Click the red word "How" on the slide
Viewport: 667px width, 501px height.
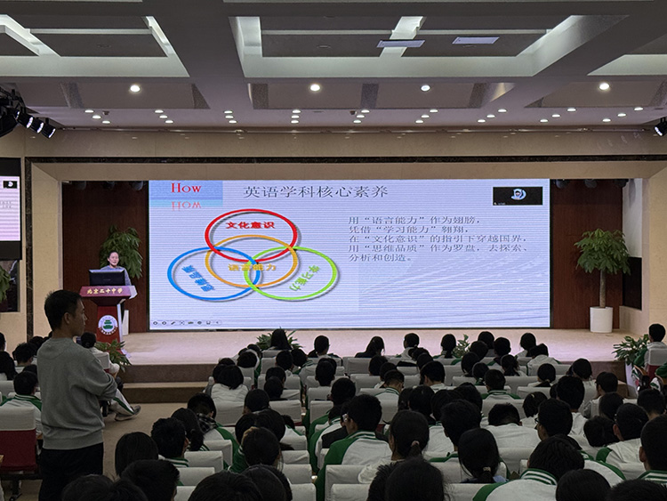pyautogui.click(x=186, y=188)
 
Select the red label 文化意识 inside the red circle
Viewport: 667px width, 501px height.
pyautogui.click(x=251, y=225)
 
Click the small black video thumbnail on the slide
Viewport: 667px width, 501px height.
pyautogui.click(x=517, y=195)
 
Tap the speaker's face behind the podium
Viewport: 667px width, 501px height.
pyautogui.click(x=112, y=258)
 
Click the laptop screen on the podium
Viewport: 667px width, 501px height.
pyautogui.click(x=107, y=278)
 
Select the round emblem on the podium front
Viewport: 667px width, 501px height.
pyautogui.click(x=107, y=326)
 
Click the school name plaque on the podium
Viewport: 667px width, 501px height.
pyautogui.click(x=106, y=292)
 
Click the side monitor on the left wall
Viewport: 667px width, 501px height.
pyautogui.click(x=10, y=208)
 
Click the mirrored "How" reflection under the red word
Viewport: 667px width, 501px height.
pyautogui.click(x=186, y=204)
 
